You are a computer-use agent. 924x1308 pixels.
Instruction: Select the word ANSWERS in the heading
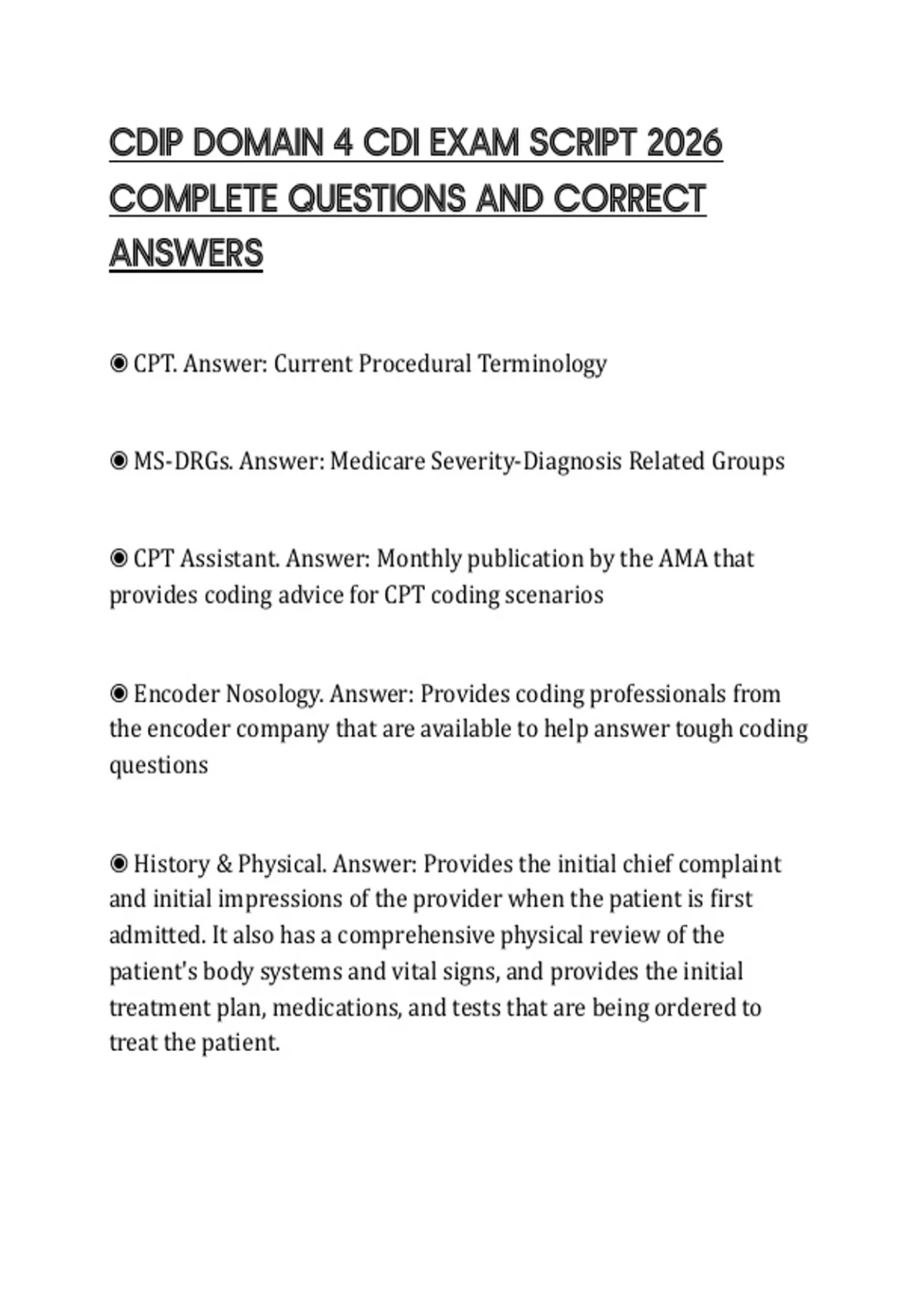(x=186, y=253)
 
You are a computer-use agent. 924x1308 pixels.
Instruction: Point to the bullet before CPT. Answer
(x=119, y=363)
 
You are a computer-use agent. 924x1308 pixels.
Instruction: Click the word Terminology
(x=542, y=363)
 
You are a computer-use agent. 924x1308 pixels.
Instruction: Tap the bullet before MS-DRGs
(x=119, y=461)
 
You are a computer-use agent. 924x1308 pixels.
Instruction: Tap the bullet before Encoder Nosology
(x=119, y=694)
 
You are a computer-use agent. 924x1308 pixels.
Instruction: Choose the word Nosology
(x=274, y=694)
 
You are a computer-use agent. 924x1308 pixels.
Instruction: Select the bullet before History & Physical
(x=119, y=864)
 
